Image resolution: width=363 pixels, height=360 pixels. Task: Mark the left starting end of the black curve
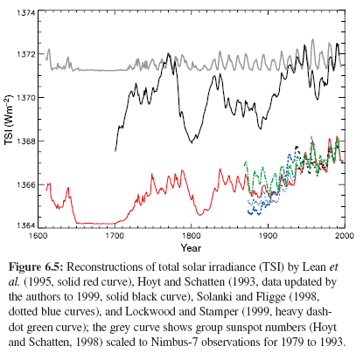(115, 151)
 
